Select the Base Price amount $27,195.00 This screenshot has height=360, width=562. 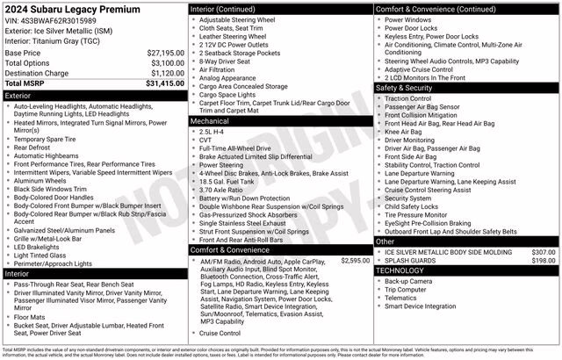coord(165,53)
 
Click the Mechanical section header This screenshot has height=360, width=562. coord(213,122)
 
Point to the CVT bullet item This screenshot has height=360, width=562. coord(206,140)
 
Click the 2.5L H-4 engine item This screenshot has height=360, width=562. coord(213,131)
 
